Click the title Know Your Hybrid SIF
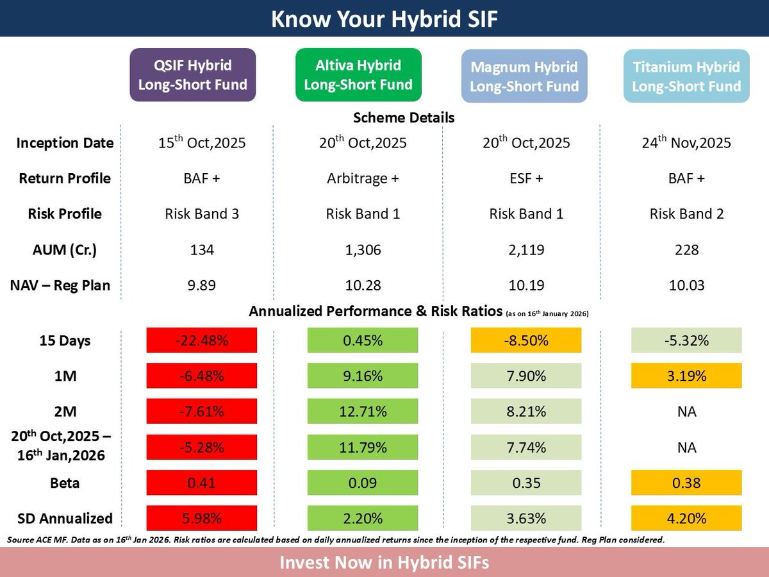coord(384,19)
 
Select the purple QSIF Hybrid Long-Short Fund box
coord(193,75)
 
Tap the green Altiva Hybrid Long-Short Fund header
coord(358,75)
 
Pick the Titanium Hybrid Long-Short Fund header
coord(686,76)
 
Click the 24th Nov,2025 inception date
coord(686,142)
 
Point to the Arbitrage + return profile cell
coord(363,178)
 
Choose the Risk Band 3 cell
coord(202,214)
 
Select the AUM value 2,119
coord(525,250)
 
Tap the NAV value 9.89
coord(202,285)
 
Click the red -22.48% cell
coord(202,340)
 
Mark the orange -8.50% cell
coord(525,340)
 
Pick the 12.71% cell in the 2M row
coord(363,412)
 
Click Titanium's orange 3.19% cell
coord(686,376)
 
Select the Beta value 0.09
coord(363,483)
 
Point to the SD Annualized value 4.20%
coord(686,518)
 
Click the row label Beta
coord(64,483)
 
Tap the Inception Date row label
coord(64,142)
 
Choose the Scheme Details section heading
coord(404,118)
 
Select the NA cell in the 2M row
coord(686,412)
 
